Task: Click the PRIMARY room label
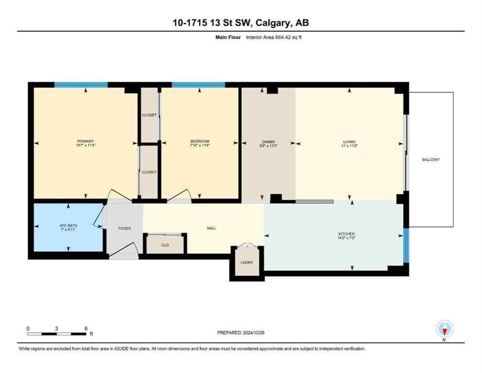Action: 85,141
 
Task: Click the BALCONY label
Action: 431,159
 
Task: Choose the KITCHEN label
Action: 347,234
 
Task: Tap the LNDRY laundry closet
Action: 247,263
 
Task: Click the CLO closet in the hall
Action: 165,245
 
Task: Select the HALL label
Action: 211,228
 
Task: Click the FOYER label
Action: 124,228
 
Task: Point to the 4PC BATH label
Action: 68,225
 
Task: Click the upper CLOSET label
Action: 149,115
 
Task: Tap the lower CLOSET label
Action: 149,172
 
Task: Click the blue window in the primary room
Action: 81,85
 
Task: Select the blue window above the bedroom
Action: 198,85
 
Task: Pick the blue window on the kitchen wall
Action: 406,246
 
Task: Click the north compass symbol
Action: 445,330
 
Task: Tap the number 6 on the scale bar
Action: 86,328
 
